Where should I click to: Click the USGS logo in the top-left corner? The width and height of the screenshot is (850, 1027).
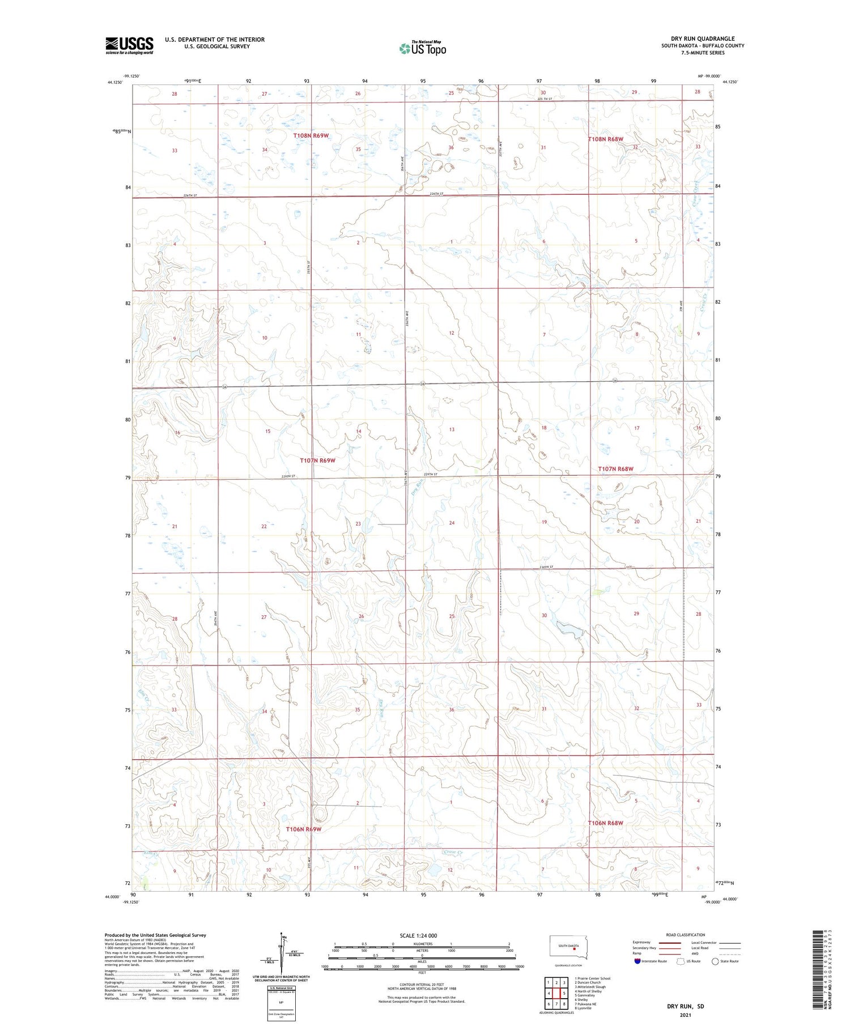point(129,45)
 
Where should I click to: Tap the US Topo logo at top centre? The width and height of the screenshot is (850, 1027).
point(422,48)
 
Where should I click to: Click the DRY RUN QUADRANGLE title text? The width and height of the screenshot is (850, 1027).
point(702,39)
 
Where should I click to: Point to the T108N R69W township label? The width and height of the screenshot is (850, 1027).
point(311,136)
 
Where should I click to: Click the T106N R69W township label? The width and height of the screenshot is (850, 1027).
point(304,829)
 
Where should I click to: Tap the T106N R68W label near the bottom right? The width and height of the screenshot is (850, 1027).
point(605,823)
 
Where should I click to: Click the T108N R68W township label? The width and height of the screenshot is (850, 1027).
point(605,139)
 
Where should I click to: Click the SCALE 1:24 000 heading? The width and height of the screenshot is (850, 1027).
point(418,935)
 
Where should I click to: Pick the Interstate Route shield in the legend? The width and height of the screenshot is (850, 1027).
point(637,961)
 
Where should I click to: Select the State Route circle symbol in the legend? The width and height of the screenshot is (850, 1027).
point(715,961)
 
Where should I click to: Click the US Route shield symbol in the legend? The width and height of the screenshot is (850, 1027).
point(681,961)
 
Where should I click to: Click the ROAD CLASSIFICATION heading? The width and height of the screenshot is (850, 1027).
point(686,935)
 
